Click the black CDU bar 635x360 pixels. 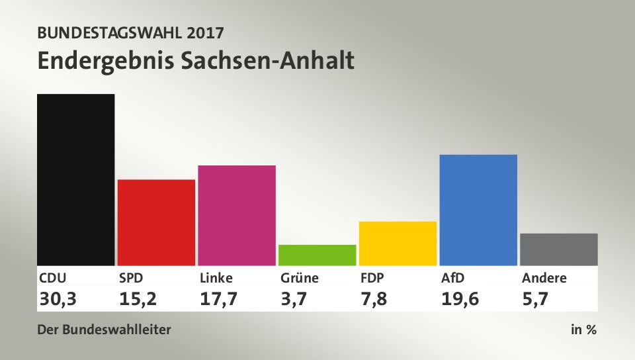(76, 179)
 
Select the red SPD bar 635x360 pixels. (156, 222)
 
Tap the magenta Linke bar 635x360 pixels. (237, 215)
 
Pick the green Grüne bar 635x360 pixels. (317, 255)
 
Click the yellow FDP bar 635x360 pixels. (398, 243)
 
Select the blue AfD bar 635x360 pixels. (478, 210)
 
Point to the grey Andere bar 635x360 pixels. (559, 249)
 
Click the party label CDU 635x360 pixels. (53, 278)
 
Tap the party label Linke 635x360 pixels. (216, 278)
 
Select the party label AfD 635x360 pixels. (454, 278)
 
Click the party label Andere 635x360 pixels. (544, 278)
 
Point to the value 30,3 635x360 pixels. (58, 299)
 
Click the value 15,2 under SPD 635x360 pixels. (139, 299)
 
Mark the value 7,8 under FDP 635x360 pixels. (374, 299)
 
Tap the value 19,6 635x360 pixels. (460, 299)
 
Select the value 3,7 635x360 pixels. (294, 299)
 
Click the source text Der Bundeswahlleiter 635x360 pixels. (104, 329)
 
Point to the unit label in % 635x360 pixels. (583, 329)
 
